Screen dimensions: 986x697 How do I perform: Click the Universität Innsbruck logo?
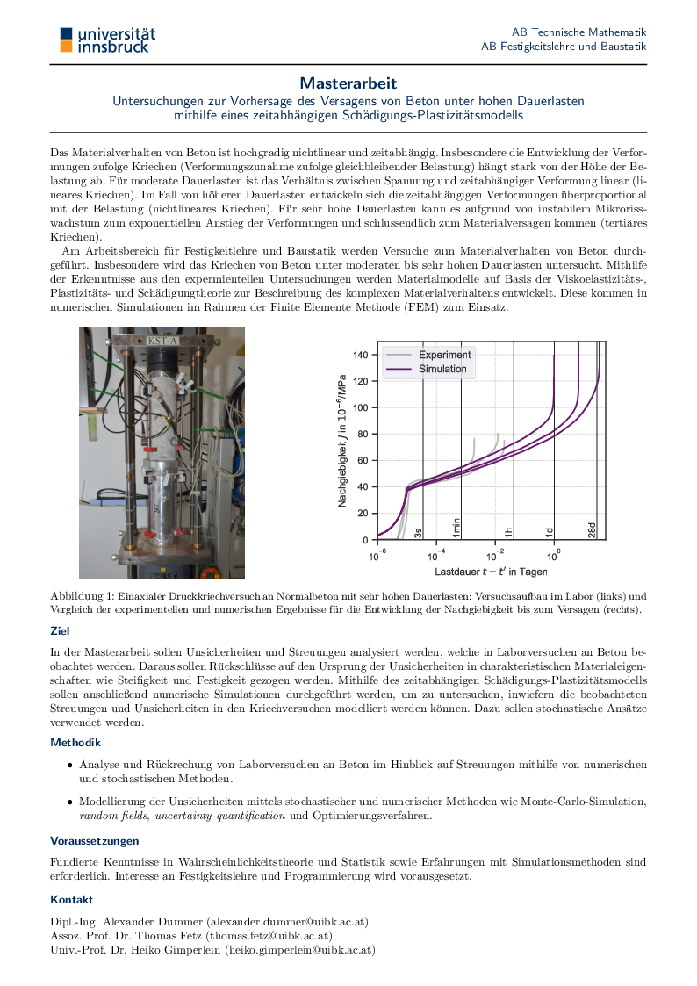tap(107, 39)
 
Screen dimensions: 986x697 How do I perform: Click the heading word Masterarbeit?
tap(348, 83)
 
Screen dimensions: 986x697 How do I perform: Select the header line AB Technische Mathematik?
tap(578, 31)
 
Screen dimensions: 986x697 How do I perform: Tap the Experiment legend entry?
tap(444, 355)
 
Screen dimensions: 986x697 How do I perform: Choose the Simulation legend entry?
tap(442, 369)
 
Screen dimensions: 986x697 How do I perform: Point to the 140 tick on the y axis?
tap(360, 355)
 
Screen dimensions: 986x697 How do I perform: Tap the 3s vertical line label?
tap(419, 532)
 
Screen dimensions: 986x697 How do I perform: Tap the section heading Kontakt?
tap(71, 900)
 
